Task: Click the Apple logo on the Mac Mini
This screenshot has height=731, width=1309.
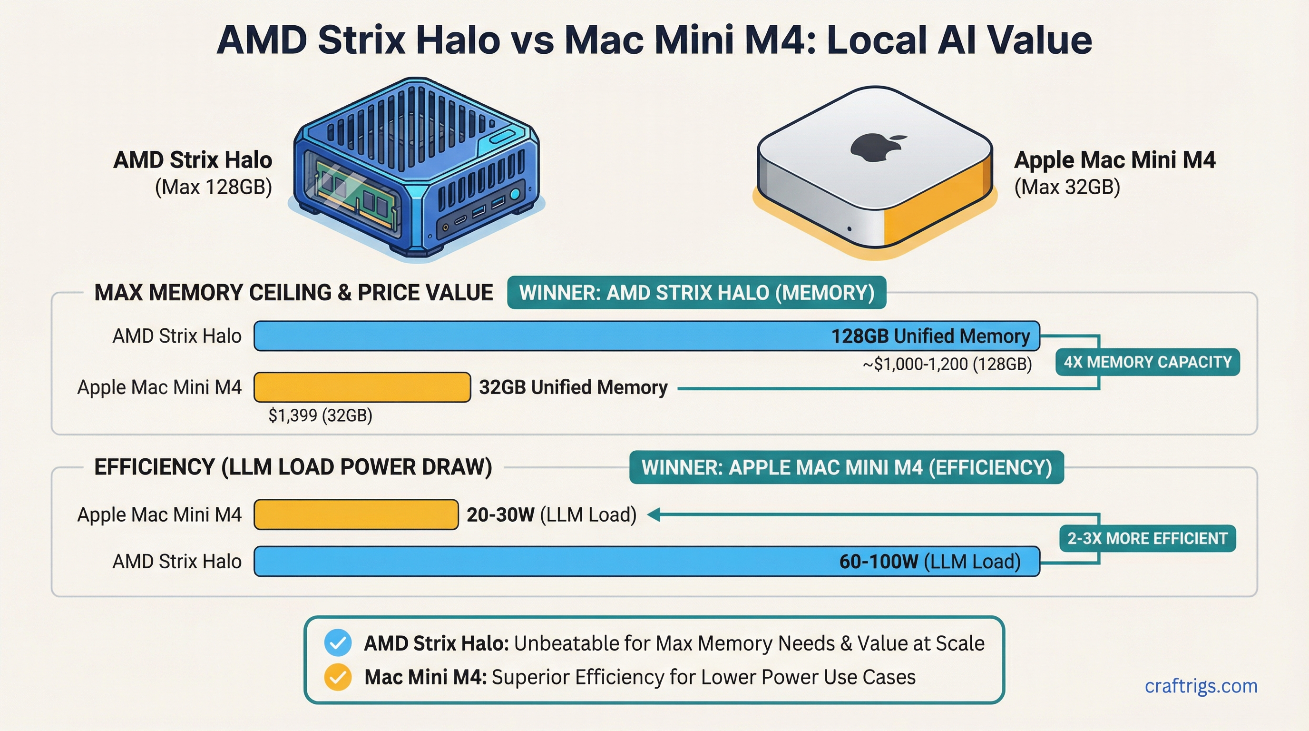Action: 876,148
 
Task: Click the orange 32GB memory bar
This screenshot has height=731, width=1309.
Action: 362,387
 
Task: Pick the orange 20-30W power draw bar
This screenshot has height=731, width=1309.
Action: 356,514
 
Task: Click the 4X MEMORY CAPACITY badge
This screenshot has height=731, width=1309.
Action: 1147,362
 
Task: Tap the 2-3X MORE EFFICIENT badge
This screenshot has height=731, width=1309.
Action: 1147,538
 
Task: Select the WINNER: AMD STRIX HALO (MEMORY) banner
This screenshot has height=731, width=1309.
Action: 696,293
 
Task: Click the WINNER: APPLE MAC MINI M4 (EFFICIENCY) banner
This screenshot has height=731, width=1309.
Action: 847,467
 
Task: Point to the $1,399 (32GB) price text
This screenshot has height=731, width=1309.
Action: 320,415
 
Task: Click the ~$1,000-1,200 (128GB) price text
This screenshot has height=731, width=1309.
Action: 947,364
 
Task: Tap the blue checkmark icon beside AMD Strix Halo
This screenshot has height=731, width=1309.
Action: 338,643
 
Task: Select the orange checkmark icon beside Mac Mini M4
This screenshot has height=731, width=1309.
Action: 338,677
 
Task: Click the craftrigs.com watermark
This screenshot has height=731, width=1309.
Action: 1201,686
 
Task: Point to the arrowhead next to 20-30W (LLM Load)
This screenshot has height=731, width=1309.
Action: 654,514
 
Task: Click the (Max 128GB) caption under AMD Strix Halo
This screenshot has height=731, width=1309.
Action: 214,187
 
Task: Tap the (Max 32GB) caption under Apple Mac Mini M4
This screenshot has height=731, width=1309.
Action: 1067,187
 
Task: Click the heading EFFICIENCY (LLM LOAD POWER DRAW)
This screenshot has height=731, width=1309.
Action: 293,467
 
